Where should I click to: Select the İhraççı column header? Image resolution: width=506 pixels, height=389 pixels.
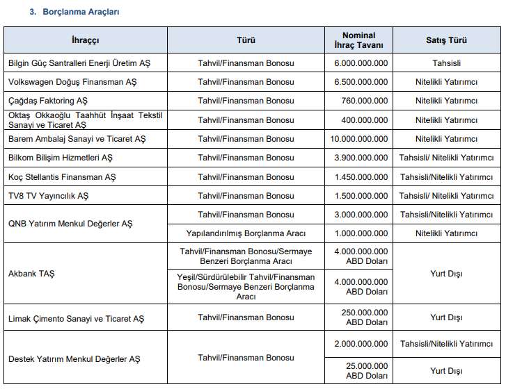[85, 40]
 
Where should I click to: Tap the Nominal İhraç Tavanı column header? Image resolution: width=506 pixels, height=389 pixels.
[358, 40]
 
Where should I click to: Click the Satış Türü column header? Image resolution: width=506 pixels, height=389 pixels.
[446, 40]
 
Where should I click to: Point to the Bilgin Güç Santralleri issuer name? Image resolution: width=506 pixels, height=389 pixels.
[79, 63]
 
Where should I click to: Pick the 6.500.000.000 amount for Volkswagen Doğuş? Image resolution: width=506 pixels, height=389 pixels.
[360, 82]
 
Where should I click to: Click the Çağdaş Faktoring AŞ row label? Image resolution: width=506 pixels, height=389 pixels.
[48, 101]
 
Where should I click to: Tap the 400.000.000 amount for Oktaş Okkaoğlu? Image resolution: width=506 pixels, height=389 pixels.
[365, 120]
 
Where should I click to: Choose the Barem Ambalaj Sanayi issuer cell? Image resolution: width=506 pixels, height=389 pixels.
[77, 139]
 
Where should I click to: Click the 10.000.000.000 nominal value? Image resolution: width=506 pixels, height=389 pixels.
[358, 139]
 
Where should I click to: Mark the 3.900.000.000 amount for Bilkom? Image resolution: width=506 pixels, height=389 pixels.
[361, 158]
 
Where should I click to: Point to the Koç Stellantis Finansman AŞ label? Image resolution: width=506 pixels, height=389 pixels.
[62, 177]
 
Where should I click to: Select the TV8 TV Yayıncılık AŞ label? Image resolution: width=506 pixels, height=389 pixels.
[48, 196]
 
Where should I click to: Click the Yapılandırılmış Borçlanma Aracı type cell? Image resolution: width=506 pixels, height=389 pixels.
[246, 233]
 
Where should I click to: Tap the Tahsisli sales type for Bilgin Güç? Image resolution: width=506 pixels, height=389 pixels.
[446, 63]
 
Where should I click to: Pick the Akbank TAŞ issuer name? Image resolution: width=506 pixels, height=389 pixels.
[31, 274]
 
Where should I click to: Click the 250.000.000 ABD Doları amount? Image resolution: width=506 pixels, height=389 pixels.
[366, 317]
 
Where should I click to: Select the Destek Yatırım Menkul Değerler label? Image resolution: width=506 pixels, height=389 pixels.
[74, 359]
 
